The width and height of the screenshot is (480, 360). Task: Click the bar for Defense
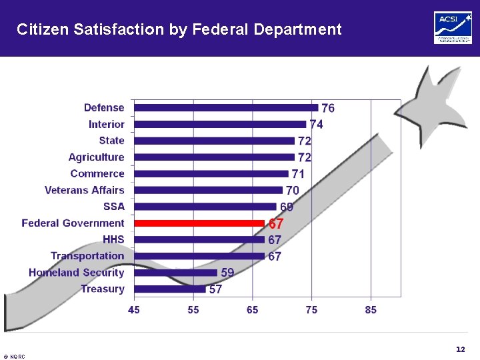(225, 107)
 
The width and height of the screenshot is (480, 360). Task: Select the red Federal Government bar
(199, 223)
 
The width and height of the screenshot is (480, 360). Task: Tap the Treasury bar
(169, 289)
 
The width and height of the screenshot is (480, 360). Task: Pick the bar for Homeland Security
(175, 273)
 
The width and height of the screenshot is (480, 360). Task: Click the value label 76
(328, 108)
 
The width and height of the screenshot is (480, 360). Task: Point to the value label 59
(227, 273)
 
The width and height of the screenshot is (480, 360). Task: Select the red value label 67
(276, 224)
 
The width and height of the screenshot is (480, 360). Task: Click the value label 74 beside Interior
(316, 125)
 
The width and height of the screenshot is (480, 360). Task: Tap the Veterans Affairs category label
(85, 190)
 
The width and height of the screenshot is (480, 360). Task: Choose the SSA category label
(114, 207)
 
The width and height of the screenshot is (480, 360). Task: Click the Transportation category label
(87, 256)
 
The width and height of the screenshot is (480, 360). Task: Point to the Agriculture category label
(96, 157)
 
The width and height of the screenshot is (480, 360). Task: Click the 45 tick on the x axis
(134, 310)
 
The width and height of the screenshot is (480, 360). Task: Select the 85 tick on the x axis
(371, 310)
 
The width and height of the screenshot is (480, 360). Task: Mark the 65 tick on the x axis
(253, 310)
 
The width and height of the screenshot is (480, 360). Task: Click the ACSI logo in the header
(453, 28)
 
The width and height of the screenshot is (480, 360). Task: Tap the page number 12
(460, 349)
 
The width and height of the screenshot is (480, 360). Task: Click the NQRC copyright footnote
(14, 357)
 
